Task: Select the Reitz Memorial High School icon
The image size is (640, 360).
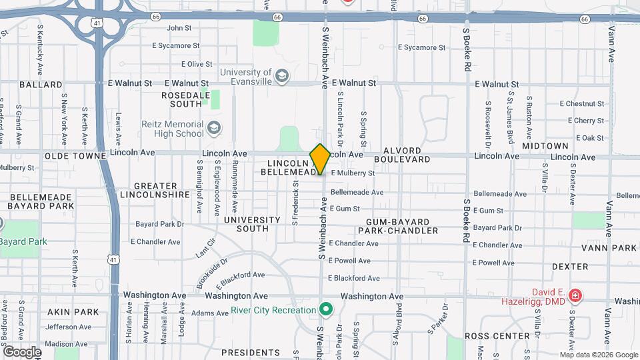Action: pos(213,127)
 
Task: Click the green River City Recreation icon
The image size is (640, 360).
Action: pos(325,309)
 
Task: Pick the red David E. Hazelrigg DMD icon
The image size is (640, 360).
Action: pos(575,295)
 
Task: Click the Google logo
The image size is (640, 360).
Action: pos(22,352)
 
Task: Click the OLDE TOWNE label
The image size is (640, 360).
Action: pos(75,155)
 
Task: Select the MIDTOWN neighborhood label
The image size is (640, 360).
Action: pos(545,145)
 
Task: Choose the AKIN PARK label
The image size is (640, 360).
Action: pos(73,311)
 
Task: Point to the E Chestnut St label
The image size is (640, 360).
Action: pos(581,103)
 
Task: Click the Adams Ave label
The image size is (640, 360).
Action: pos(209,313)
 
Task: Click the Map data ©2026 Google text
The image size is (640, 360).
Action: pos(599,355)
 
